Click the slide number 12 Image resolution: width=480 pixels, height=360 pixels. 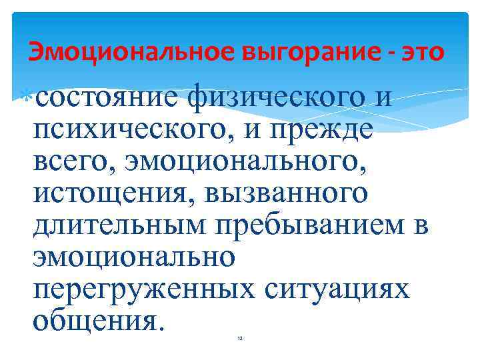[240, 339]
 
